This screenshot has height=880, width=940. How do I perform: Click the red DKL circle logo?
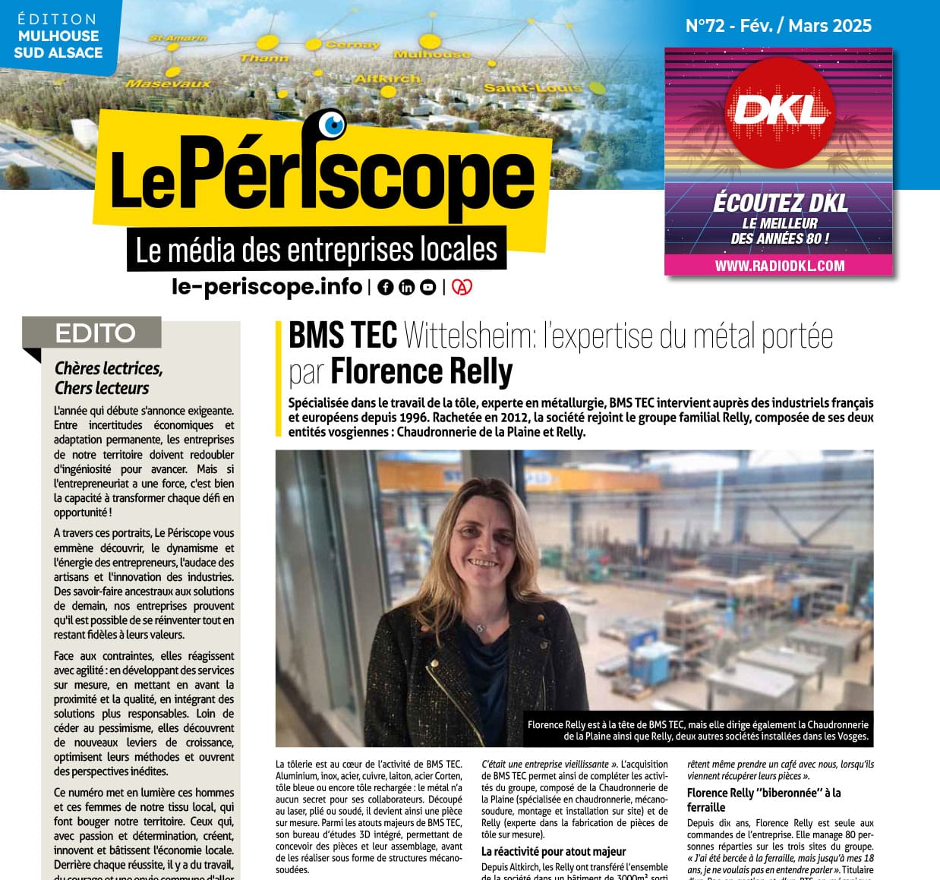pos(779,112)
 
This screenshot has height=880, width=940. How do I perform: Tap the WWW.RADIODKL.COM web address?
pos(779,266)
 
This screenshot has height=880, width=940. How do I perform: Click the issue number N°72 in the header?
pos(705,26)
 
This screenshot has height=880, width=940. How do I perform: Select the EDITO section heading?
pos(95,333)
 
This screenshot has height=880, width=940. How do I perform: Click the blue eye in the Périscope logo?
pos(332,124)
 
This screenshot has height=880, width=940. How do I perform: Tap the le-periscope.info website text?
pos(267,286)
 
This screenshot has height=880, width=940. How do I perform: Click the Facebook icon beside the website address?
pos(386,287)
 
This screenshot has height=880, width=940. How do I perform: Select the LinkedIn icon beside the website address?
pos(407,287)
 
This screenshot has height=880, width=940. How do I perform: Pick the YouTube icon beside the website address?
pos(428,287)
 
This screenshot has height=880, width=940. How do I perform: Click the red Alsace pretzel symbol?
pos(462,287)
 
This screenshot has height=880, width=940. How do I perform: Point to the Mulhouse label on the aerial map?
pos(431,54)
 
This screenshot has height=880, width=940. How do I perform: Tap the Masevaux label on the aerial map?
pos(168,83)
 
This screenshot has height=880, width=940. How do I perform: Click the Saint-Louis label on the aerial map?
pos(532,88)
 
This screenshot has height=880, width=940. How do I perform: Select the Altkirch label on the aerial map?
pos(387,78)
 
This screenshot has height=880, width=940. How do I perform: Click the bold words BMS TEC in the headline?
pos(342,335)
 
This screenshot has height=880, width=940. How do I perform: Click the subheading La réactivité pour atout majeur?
pos(554,852)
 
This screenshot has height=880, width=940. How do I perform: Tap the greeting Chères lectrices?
pos(109,368)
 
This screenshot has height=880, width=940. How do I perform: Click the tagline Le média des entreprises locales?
pos(316,250)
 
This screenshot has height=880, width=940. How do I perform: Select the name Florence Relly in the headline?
pos(421,371)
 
